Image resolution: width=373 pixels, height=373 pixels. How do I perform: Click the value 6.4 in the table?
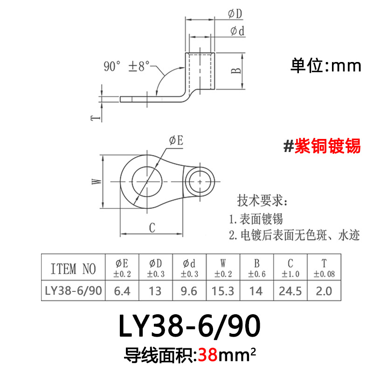point(123,291)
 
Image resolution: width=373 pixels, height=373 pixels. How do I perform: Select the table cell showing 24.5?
point(290,291)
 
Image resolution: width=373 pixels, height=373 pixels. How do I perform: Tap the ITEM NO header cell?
point(73,269)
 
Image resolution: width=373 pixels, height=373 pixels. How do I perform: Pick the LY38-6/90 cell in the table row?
point(73,291)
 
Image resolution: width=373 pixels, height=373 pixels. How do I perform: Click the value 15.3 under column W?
point(223,291)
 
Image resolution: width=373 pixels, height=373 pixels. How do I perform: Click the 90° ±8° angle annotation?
point(126,66)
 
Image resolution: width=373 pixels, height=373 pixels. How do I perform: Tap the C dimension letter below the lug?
point(152,228)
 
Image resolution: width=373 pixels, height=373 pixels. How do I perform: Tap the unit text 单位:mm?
point(326,66)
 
